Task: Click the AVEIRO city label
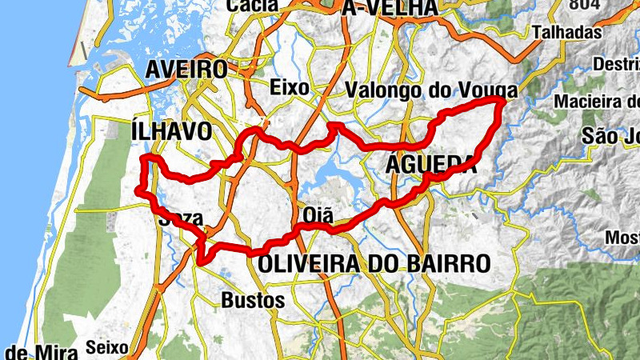pos(186,70)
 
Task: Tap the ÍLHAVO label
pos(171,130)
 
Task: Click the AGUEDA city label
pos(431,164)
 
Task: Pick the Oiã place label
pos(318,214)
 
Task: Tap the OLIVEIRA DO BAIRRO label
pos(374,262)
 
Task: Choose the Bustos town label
pos(252,301)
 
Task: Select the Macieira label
pos(597,102)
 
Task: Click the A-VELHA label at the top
pos(390,7)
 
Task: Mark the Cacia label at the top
pos(253,5)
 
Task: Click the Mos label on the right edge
pos(622,238)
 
